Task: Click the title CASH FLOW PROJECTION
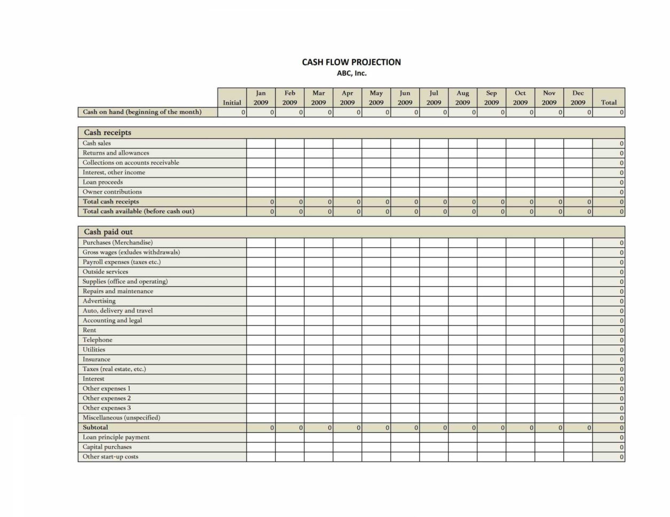click(351, 62)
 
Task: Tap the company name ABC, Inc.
click(351, 74)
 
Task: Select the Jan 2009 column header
click(261, 98)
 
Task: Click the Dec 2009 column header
click(578, 98)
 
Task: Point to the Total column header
click(609, 102)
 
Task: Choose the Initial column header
click(232, 102)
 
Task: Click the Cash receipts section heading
click(107, 132)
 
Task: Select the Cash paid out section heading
click(108, 232)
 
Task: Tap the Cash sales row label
click(97, 143)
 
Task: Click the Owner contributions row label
click(112, 192)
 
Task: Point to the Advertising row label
click(99, 301)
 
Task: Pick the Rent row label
click(89, 330)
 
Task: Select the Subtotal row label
click(95, 427)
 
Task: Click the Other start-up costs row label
click(110, 457)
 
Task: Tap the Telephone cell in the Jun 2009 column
click(405, 340)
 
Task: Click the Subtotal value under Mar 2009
click(319, 427)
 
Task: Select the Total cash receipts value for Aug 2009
click(463, 201)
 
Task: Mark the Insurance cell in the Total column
click(609, 360)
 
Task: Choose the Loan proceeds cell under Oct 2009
click(521, 182)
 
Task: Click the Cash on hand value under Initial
click(232, 112)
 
